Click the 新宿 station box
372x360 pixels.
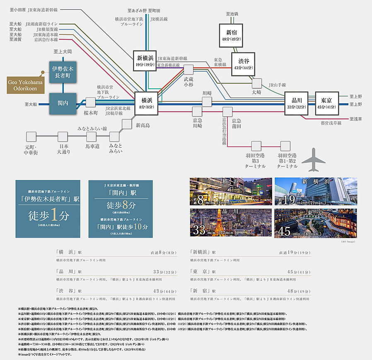point(231,35)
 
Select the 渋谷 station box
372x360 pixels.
point(243,64)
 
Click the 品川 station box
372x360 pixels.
point(296,103)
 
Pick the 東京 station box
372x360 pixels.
point(327,103)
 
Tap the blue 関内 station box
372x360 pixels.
point(63,103)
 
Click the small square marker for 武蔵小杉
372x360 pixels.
point(189,70)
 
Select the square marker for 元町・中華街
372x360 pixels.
point(31,136)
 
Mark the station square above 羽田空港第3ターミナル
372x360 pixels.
point(256,146)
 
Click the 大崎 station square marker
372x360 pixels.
point(256,83)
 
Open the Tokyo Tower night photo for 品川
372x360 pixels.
point(231,223)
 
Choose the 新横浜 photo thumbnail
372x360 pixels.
point(315,191)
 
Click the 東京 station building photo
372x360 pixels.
point(315,223)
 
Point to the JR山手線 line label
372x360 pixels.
point(277,85)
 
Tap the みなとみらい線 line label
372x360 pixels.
point(92,129)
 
